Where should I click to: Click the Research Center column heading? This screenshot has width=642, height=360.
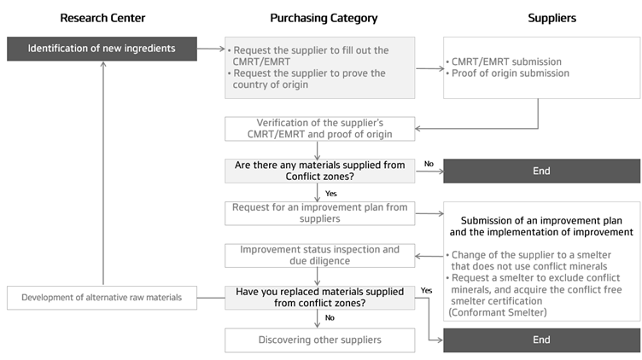click(x=102, y=18)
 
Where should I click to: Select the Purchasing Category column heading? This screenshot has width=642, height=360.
click(x=324, y=18)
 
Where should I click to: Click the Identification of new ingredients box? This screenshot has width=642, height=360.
click(x=102, y=49)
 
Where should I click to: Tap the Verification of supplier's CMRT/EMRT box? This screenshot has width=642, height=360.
click(x=320, y=129)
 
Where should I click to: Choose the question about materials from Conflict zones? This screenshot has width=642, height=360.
click(x=320, y=171)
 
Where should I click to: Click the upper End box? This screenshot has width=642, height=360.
click(x=541, y=171)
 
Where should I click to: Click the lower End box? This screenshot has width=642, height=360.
click(x=541, y=340)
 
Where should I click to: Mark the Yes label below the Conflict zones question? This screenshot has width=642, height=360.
click(x=331, y=194)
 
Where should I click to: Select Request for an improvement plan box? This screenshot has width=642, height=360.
click(x=320, y=212)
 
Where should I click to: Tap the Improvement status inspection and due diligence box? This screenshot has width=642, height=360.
click(x=320, y=255)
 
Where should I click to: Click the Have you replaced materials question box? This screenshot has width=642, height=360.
click(x=320, y=297)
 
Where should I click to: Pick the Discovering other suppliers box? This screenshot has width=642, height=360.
click(x=320, y=340)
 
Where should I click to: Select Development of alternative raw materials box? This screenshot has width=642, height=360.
click(x=102, y=298)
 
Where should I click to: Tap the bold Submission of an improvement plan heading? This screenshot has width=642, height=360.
click(x=541, y=226)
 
